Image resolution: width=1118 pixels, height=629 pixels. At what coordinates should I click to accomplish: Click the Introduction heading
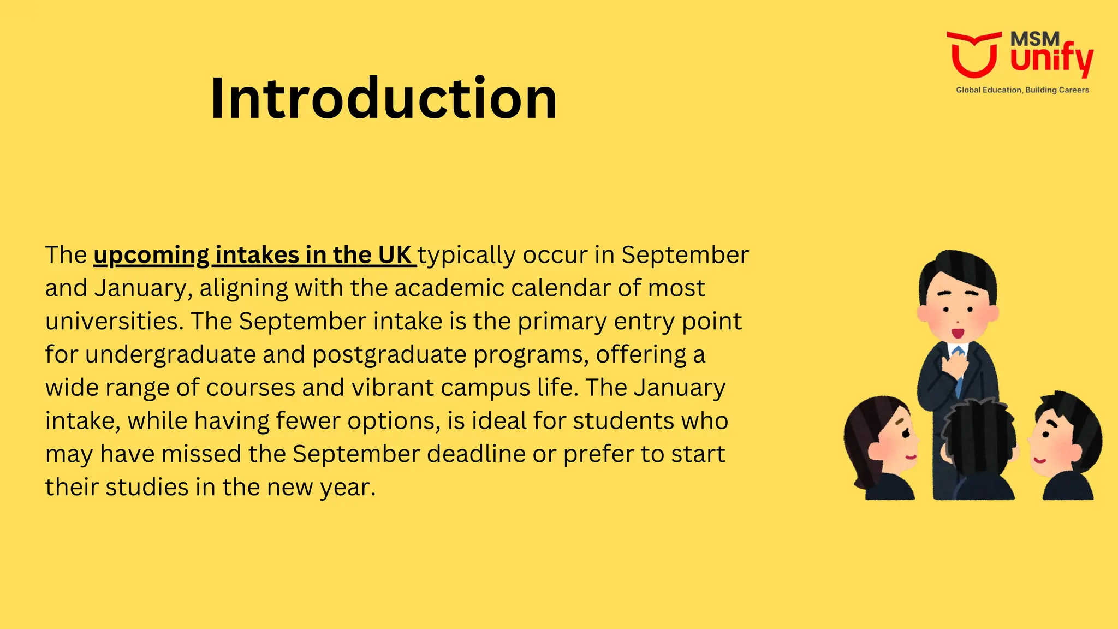click(383, 98)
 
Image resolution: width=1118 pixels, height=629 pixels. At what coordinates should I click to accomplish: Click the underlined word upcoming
click(151, 256)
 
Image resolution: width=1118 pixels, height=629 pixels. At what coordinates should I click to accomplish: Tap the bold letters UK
click(394, 255)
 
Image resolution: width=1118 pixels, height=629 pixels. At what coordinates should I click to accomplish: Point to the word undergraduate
click(170, 355)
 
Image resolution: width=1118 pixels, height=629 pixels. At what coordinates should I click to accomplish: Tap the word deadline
click(476, 454)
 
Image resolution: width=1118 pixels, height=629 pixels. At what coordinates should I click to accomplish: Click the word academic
click(449, 288)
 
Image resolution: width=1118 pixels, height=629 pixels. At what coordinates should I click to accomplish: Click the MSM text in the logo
click(1034, 39)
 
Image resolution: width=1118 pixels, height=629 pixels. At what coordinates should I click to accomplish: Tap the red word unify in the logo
click(1051, 59)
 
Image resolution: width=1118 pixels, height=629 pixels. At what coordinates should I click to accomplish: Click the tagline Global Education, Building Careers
click(1022, 90)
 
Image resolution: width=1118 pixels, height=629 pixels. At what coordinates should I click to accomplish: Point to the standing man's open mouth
click(958, 333)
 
